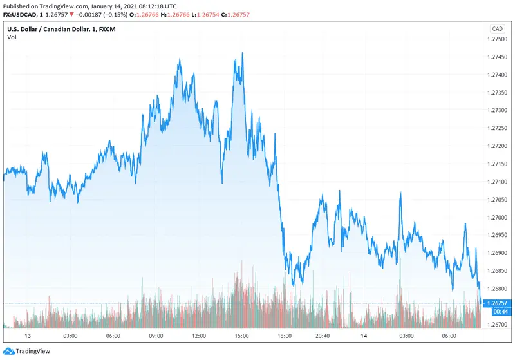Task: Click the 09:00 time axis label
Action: [x=156, y=336]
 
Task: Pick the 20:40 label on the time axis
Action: [x=323, y=336]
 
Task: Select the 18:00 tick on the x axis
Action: [x=285, y=336]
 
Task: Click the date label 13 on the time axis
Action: [x=28, y=336]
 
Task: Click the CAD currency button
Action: [x=497, y=29]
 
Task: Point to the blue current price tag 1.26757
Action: [x=497, y=302]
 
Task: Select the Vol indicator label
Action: [x=12, y=37]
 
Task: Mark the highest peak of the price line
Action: [x=242, y=53]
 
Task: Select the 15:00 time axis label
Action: [x=242, y=336]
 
